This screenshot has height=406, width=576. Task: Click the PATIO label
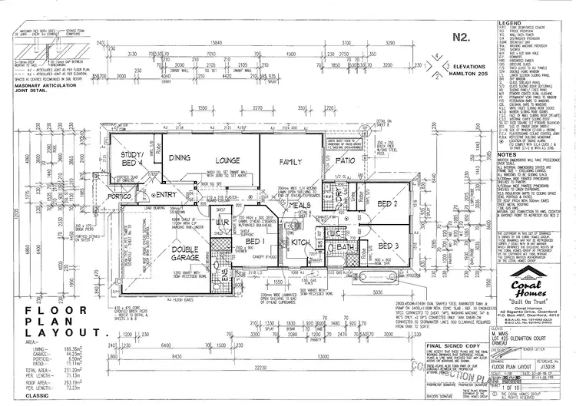pos(344,160)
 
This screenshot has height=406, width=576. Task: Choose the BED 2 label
pos(386,203)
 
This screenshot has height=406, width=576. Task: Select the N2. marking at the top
pos(462,37)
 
